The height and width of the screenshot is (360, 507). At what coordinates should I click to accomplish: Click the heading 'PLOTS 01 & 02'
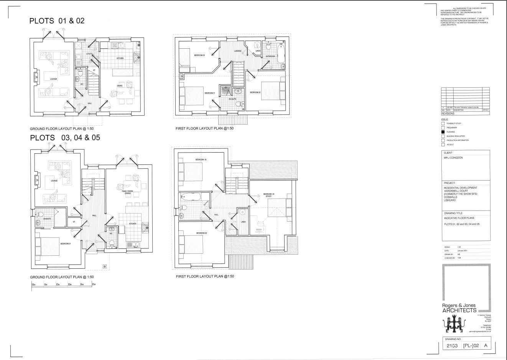click(x=57, y=21)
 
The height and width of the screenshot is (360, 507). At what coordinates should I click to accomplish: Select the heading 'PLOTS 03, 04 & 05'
click(x=65, y=138)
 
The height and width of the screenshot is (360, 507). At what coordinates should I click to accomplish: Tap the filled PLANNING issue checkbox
click(x=443, y=132)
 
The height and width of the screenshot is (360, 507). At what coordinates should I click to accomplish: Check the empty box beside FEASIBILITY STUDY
click(x=443, y=123)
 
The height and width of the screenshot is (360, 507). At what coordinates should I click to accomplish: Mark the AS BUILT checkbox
click(x=443, y=145)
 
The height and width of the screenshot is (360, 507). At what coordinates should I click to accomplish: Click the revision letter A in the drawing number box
click(x=486, y=345)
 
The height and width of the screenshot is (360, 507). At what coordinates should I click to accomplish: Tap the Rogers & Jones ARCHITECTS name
click(x=459, y=308)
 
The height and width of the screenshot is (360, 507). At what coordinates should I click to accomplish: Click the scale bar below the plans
click(x=63, y=284)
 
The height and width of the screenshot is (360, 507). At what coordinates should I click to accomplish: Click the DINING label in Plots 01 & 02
click(x=120, y=85)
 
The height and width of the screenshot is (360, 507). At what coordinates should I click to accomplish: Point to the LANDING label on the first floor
click(x=238, y=51)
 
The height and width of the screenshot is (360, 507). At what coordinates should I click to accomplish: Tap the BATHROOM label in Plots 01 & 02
click(x=271, y=56)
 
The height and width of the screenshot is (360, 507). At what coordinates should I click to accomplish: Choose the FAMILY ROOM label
click(x=127, y=191)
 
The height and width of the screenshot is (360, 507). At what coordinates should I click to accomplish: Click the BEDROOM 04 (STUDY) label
click(x=268, y=195)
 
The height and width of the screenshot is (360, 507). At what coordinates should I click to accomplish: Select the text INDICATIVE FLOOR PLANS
click(x=459, y=218)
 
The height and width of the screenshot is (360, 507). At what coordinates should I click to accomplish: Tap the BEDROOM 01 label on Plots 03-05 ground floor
click(x=65, y=243)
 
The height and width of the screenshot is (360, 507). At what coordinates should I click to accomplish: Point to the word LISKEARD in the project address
click(x=450, y=200)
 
